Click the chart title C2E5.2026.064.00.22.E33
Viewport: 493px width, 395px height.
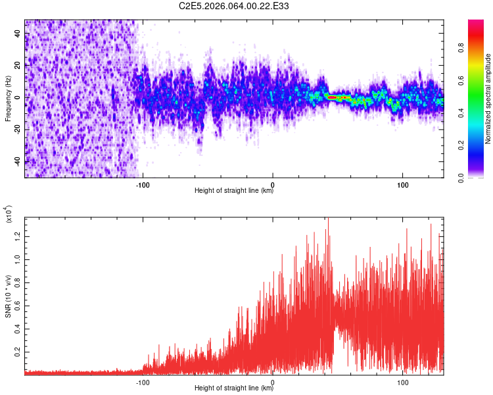234,6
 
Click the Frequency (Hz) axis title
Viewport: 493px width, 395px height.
8,98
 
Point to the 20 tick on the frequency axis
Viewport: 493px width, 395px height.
18,65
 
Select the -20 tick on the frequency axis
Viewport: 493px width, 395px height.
18,130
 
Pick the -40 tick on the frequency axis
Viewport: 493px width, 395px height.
18,161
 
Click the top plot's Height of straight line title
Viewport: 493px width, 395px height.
234,190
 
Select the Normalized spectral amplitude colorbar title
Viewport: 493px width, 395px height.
488,99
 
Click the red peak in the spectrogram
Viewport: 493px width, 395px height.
333,97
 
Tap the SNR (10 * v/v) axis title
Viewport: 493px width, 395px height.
8,293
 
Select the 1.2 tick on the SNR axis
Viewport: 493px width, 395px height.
17,235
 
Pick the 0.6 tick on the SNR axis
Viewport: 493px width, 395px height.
17,306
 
